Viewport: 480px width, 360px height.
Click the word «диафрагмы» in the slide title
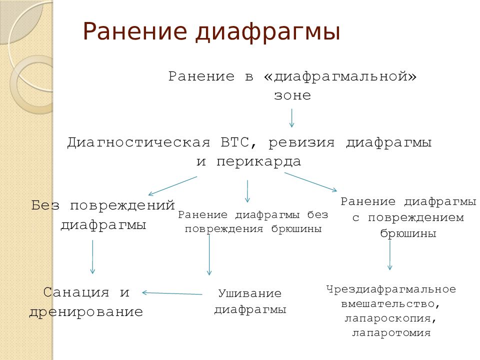(x=268, y=32)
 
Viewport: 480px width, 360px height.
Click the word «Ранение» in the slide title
(x=135, y=31)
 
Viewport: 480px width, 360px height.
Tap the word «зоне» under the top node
(x=292, y=95)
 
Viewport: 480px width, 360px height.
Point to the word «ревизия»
(x=301, y=143)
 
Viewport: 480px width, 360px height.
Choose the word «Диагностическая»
(x=138, y=143)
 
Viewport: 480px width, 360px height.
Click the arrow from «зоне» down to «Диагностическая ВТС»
(x=292, y=118)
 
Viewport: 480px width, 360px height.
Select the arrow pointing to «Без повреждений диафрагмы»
(x=172, y=185)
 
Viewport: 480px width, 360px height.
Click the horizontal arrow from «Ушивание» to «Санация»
(x=172, y=293)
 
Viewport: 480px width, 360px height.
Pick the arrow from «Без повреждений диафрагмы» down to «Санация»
(x=92, y=256)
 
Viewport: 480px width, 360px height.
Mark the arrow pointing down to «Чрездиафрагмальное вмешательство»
(x=390, y=255)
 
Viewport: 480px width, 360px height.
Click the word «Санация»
(x=76, y=292)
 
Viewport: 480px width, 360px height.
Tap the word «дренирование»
(x=86, y=312)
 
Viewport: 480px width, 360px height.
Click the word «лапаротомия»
(x=391, y=332)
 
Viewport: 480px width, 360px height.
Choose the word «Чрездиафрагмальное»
(x=391, y=289)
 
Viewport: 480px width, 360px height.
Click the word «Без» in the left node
(x=47, y=205)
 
